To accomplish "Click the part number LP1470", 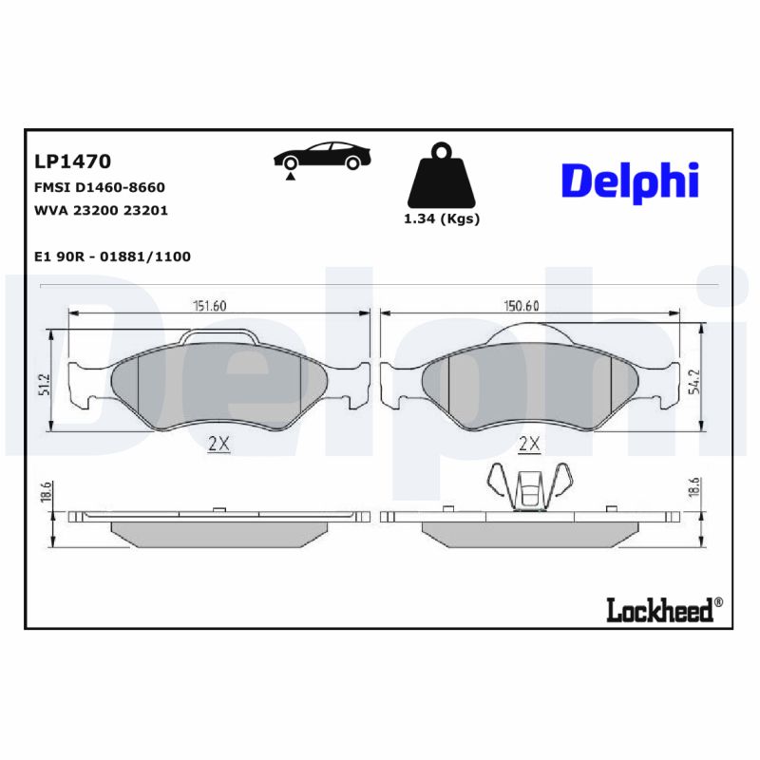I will (x=72, y=161).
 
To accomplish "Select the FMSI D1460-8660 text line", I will (x=99, y=187).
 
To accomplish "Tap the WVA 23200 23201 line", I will (x=101, y=210).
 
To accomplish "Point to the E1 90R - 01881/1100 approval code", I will (x=112, y=256).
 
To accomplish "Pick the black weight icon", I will (x=441, y=177).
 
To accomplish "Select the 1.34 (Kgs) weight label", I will (x=442, y=218).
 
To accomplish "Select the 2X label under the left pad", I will (x=218, y=444).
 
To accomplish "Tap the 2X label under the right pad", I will (x=529, y=444).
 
